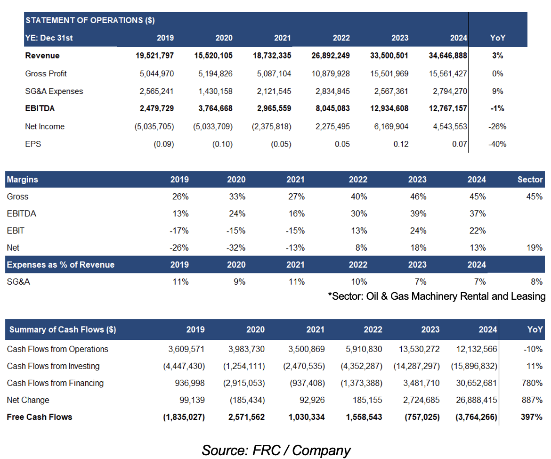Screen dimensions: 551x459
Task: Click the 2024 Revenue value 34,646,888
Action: click(448, 56)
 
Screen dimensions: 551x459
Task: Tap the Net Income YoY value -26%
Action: click(497, 126)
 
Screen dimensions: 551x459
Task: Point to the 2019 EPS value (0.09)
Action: click(164, 144)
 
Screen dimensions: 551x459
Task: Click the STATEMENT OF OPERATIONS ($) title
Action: click(90, 20)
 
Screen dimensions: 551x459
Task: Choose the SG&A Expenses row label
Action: click(54, 91)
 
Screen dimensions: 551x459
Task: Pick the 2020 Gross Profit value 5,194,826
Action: click(215, 74)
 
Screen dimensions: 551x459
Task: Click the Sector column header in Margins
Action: click(530, 180)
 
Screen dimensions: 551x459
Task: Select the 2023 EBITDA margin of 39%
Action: click(418, 213)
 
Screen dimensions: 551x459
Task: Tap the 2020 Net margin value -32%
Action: click(236, 247)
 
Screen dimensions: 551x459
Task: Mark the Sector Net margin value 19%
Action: click(535, 247)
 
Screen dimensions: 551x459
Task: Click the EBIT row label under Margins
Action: click(16, 231)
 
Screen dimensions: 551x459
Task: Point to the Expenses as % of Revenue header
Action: click(61, 264)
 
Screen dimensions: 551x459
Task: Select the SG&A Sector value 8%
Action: click(536, 282)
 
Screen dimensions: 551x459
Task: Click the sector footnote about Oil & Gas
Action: click(437, 296)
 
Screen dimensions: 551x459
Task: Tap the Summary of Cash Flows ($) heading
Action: click(63, 329)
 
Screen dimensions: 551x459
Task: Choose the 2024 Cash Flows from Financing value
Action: click(477, 383)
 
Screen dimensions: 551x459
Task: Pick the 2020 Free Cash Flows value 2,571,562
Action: click(246, 417)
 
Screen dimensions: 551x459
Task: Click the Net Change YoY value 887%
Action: click(532, 400)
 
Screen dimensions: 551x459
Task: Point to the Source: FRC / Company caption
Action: click(276, 451)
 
